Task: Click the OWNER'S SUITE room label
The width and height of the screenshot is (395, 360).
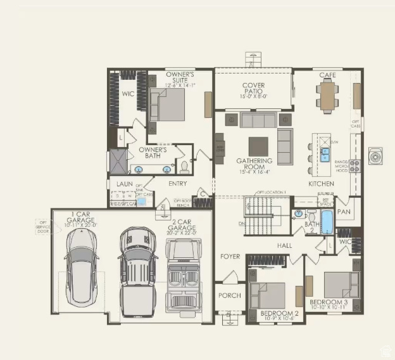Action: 180,78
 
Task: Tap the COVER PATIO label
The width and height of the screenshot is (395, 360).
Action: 254,89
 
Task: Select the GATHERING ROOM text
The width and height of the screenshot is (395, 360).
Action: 254,165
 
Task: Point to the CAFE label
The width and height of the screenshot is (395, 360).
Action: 327,75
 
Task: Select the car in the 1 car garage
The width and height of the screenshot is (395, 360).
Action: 80,265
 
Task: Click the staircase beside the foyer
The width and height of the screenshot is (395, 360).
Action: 259,215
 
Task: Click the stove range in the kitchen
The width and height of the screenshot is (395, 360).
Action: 356,166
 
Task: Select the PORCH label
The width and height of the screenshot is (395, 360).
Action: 229,296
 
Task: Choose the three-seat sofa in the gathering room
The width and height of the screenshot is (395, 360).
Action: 258,120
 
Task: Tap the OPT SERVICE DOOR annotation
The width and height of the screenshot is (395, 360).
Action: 43,227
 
